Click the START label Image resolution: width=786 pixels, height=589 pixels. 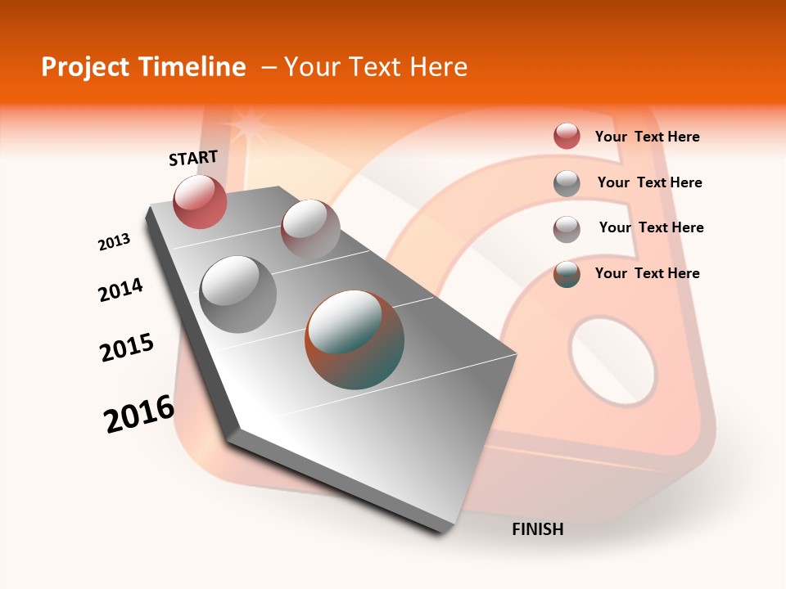193,158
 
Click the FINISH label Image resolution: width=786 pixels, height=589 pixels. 538,529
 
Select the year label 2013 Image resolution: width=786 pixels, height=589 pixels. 115,242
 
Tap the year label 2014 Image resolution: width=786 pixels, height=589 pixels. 121,290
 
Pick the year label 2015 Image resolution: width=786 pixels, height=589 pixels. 127,348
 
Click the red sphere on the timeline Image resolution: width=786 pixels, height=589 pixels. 200,201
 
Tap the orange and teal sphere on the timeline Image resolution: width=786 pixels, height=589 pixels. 355,339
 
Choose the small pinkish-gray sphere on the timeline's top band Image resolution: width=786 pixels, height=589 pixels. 310,228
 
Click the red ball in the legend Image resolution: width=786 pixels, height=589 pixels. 567,137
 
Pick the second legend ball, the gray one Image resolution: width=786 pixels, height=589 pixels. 567,182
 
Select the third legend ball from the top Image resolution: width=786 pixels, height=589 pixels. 567,228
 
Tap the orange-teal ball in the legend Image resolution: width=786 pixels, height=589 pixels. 567,274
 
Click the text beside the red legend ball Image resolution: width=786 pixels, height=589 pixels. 647,137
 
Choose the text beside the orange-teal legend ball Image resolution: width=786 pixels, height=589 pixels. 647,273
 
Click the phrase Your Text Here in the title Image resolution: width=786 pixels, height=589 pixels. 376,67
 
